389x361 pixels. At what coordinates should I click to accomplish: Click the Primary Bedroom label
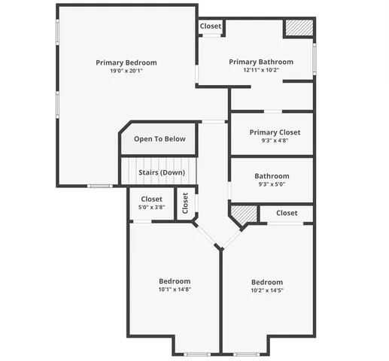[x=126, y=62]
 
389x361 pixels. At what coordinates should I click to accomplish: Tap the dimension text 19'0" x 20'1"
[x=126, y=71]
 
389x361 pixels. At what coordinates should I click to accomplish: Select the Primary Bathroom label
[x=261, y=62]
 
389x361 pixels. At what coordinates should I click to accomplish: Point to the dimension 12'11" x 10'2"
[x=261, y=71]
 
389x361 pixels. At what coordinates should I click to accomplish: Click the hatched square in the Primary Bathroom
[x=298, y=28]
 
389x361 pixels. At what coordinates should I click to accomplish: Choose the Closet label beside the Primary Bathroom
[x=211, y=26]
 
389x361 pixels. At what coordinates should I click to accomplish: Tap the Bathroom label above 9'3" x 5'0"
[x=272, y=176]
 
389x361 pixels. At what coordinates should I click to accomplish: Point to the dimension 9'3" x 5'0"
[x=272, y=184]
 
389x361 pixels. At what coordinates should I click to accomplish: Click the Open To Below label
[x=160, y=139]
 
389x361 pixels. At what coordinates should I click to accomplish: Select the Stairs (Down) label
[x=162, y=172]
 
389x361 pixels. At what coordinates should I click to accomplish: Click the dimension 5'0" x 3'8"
[x=151, y=208]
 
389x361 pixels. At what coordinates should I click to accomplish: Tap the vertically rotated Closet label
[x=186, y=203]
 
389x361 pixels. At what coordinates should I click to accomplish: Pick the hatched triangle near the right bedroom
[x=242, y=216]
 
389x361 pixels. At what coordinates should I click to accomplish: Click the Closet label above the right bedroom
[x=287, y=213]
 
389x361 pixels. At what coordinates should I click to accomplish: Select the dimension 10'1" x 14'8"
[x=175, y=290]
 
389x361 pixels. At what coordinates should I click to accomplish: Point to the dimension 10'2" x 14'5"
[x=267, y=290]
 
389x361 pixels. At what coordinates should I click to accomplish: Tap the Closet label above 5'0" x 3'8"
[x=151, y=199]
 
